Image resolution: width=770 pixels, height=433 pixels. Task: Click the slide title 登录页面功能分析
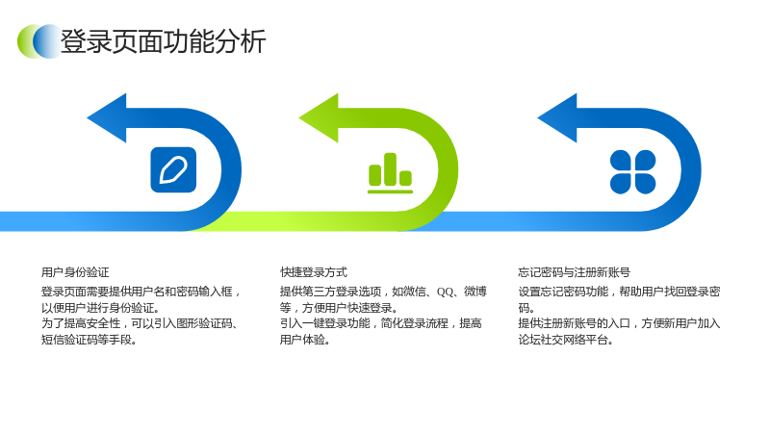click(163, 41)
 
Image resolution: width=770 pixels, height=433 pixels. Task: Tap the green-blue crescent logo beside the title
click(39, 41)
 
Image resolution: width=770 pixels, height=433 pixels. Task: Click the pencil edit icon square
click(173, 170)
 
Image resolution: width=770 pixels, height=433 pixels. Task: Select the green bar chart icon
click(391, 173)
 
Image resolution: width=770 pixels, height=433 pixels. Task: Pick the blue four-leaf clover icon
click(632, 172)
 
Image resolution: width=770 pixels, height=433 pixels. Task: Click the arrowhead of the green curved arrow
click(319, 117)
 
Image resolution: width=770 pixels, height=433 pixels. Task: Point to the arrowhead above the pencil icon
click(107, 117)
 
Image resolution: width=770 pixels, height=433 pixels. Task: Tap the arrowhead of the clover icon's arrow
click(557, 117)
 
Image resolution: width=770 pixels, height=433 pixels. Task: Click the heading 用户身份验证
click(75, 272)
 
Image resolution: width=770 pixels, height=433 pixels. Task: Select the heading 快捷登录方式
click(314, 272)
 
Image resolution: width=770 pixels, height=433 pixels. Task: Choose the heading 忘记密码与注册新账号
click(574, 272)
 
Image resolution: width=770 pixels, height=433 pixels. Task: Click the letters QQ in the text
click(445, 293)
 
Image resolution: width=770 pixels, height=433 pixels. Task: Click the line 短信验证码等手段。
click(89, 340)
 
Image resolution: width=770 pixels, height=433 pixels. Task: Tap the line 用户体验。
click(304, 340)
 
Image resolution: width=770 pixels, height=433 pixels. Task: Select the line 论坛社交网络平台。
click(566, 340)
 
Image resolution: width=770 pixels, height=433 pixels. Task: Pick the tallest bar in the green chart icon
click(391, 169)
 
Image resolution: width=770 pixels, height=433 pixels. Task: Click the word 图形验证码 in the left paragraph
click(204, 323)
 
